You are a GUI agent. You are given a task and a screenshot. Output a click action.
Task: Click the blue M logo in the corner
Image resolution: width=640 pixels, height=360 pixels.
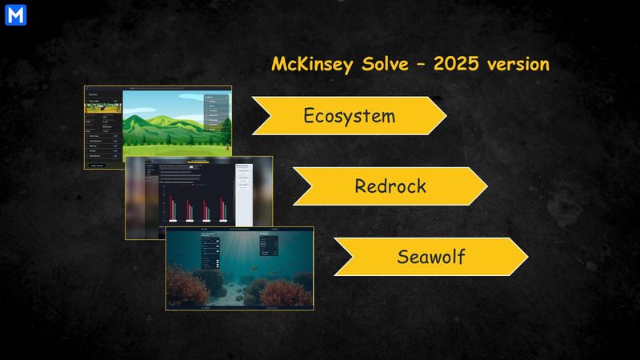coord(15,15)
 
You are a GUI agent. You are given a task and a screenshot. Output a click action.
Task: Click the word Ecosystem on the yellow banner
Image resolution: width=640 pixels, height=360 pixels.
coord(349,115)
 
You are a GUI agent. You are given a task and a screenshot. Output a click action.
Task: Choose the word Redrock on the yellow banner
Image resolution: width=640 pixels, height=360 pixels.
coord(390,186)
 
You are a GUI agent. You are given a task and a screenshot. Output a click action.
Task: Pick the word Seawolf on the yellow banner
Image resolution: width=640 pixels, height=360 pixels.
coord(430,257)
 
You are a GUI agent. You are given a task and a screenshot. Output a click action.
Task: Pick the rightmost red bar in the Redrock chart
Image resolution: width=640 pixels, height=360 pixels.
coord(223,210)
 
